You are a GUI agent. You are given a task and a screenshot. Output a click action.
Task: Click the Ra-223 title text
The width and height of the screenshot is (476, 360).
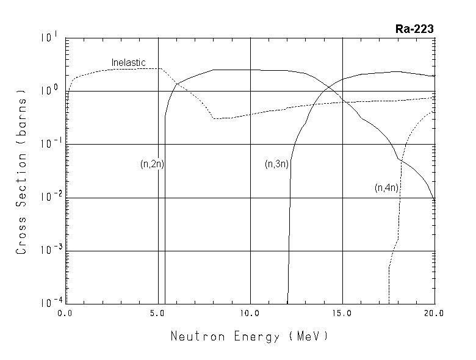(x=414, y=29)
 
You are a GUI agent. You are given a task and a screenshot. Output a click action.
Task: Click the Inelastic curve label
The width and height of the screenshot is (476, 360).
(x=127, y=62)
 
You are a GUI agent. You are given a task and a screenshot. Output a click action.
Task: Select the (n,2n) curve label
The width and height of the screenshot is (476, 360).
(x=152, y=164)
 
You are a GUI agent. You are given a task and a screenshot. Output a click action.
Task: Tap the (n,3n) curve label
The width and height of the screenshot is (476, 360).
(x=276, y=164)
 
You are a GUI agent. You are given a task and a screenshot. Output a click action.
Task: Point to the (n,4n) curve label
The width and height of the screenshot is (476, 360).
(x=387, y=188)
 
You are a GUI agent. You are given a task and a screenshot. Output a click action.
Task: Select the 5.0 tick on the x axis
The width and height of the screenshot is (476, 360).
(x=158, y=314)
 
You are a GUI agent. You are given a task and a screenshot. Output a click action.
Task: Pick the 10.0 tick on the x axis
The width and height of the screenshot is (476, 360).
(x=250, y=314)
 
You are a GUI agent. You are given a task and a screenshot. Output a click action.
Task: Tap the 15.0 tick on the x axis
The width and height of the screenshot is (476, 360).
(x=342, y=314)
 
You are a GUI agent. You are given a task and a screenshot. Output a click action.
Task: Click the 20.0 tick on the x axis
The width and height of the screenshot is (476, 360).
(x=434, y=314)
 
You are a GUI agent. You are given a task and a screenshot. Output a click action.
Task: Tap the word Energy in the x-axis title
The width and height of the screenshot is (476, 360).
(x=256, y=336)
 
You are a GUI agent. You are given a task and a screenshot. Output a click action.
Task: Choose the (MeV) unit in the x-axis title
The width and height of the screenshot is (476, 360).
(x=309, y=336)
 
